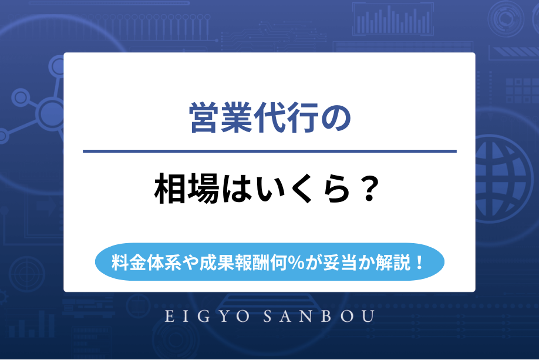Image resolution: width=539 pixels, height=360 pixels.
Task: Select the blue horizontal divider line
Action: pyautogui.click(x=269, y=152)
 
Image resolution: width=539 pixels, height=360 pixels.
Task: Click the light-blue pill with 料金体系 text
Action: pyautogui.click(x=269, y=261)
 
